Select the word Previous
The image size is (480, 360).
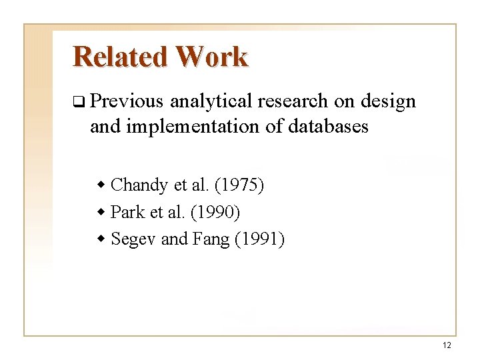[x=126, y=101]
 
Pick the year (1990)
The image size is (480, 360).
[x=215, y=212]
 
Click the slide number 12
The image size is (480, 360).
[x=446, y=345]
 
